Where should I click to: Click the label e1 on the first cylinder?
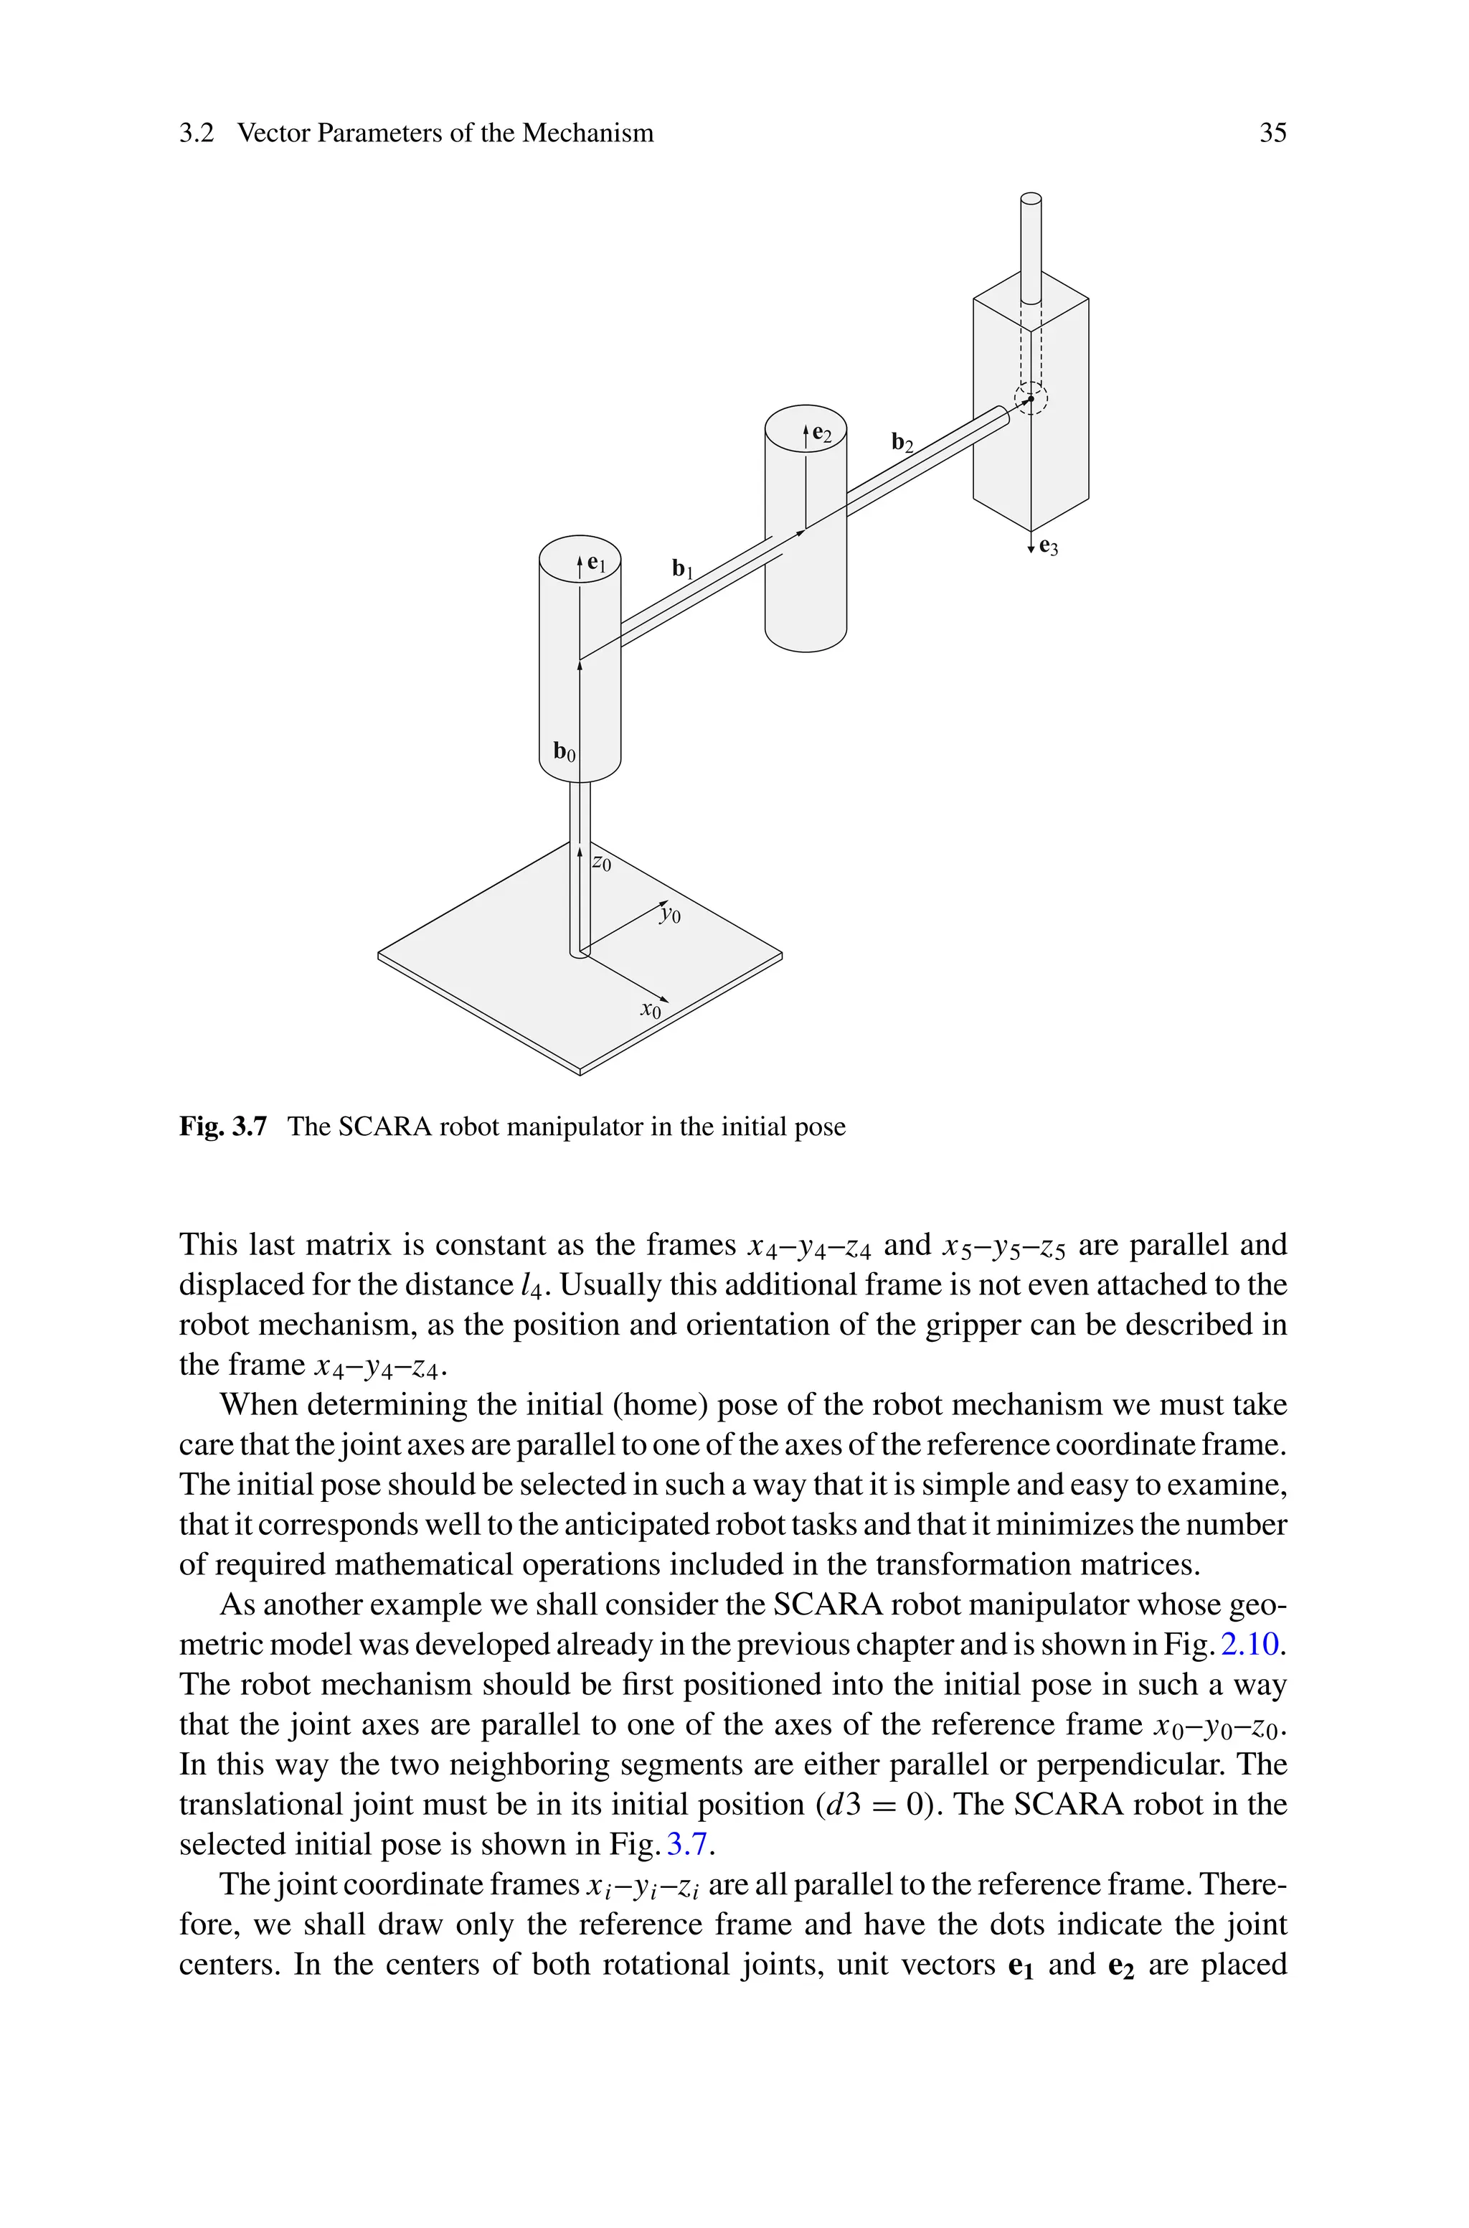pos(597,565)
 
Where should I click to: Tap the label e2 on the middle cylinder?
pos(821,434)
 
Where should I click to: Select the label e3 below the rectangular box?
pos(1049,547)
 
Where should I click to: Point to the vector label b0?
pos(564,751)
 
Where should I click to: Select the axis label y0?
pos(669,913)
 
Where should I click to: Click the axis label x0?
pos(650,1010)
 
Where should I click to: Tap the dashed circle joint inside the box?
pos(1031,399)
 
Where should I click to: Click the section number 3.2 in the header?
pos(197,133)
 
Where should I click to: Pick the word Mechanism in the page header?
pos(587,133)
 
